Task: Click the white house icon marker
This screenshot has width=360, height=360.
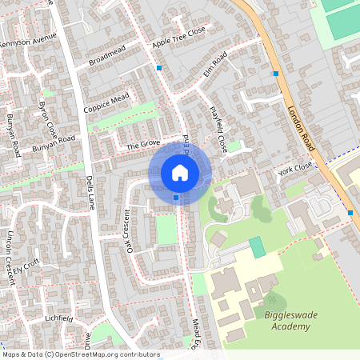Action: click(x=180, y=173)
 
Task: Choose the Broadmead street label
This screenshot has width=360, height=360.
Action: click(x=108, y=56)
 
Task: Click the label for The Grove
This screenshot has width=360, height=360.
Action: click(x=144, y=146)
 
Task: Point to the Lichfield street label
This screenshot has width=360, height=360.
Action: click(x=59, y=318)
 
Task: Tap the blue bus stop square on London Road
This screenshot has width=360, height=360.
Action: click(x=275, y=74)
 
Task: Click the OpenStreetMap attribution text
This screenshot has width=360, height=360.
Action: click(x=80, y=354)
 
